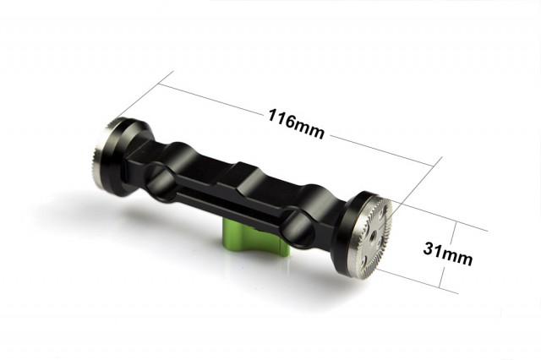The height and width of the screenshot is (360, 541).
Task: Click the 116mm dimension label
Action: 296,123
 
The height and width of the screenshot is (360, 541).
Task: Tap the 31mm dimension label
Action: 447,254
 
